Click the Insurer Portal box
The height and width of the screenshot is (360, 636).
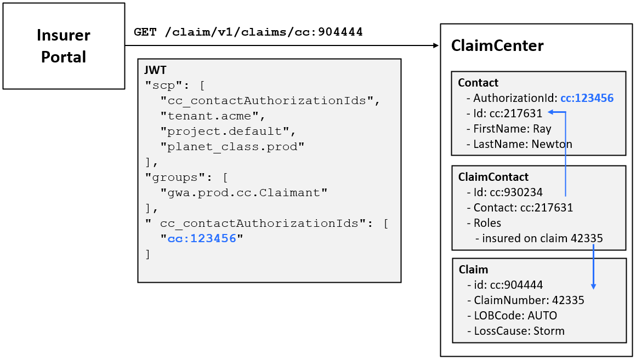click(64, 46)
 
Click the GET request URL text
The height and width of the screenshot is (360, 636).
click(248, 32)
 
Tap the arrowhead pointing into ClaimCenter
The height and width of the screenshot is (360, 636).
click(436, 46)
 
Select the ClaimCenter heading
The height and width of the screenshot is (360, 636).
click(497, 46)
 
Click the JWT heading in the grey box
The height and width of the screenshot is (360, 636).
click(155, 70)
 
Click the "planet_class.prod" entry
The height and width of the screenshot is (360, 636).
click(231, 147)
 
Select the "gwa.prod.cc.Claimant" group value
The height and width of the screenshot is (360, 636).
click(243, 192)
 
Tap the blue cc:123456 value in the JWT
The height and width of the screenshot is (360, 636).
click(202, 239)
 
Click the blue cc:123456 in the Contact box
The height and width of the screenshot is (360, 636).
click(586, 98)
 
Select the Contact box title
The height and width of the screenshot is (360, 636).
click(478, 83)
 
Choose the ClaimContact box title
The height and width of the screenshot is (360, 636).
click(493, 177)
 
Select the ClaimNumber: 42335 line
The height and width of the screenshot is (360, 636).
click(529, 300)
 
